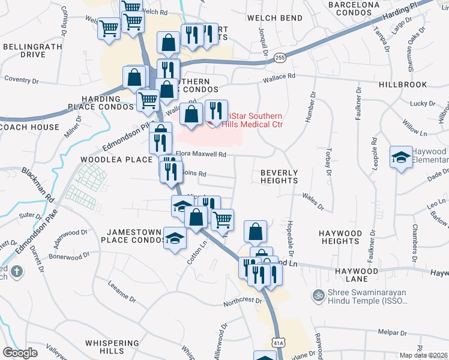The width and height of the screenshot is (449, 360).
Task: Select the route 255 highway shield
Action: [x=280, y=58]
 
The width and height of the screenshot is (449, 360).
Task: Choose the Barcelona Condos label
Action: [x=354, y=8]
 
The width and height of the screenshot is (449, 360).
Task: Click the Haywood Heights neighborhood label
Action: [x=340, y=237]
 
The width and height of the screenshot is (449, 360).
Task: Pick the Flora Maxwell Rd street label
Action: [x=200, y=154]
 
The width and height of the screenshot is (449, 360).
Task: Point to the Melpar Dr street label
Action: [x=393, y=332]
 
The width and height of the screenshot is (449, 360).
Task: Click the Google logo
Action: [x=20, y=352]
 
